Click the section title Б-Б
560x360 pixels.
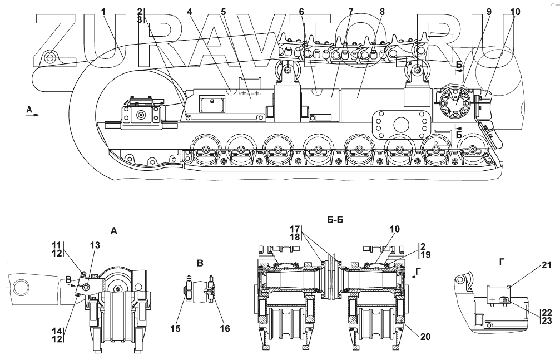334,220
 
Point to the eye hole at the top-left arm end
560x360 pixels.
51,57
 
